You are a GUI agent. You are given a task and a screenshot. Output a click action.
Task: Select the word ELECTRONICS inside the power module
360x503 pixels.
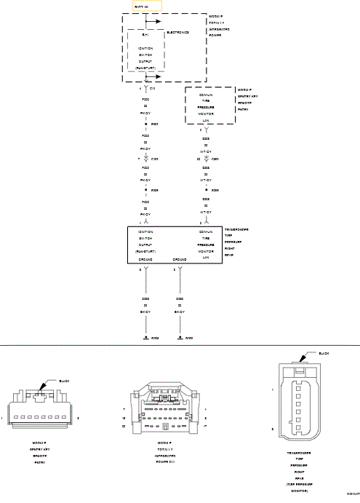(178, 32)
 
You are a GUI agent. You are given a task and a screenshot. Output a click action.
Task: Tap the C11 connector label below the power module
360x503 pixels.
(153, 87)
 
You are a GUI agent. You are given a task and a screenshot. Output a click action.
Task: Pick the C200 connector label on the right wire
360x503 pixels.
(215, 157)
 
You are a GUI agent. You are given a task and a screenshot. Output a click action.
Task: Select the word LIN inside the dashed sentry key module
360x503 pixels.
(206, 120)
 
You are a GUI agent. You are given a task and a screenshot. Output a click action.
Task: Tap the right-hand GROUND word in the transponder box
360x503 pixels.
(179, 259)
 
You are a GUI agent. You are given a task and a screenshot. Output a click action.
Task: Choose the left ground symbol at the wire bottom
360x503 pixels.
(146, 338)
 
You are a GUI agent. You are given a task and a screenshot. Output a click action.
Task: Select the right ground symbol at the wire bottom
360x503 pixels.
(180, 338)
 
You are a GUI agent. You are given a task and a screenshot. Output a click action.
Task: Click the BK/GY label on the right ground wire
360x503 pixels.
(180, 312)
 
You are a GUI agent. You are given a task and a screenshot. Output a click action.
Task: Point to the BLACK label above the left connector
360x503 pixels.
(64, 381)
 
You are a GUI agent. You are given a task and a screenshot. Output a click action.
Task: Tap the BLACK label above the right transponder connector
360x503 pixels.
(324, 353)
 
